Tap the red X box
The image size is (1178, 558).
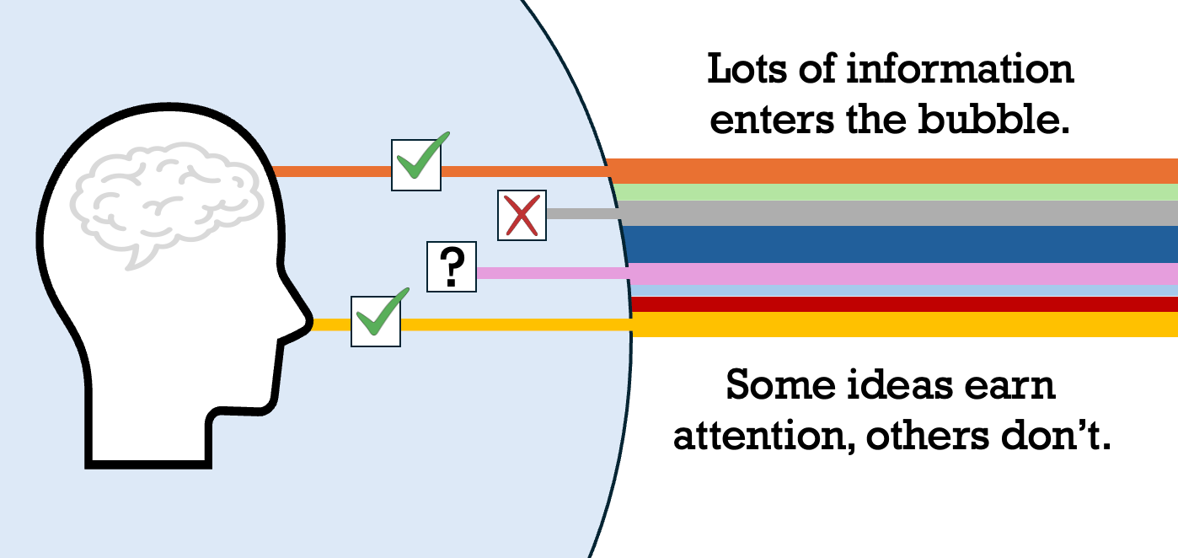click(x=522, y=215)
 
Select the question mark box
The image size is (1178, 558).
click(x=452, y=267)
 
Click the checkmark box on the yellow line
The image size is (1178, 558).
click(x=375, y=321)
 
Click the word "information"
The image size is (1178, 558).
click(x=960, y=69)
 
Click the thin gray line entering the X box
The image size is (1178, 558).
click(x=581, y=213)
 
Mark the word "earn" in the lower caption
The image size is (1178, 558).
click(x=1010, y=385)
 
